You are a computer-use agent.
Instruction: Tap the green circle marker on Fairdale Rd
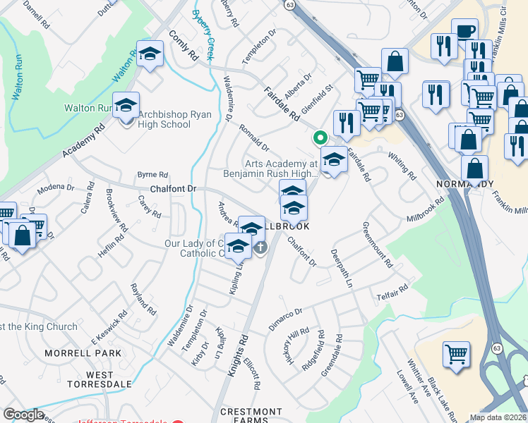click(320, 138)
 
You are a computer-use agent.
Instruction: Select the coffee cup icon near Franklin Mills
click(464, 31)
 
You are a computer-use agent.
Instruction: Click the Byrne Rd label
click(152, 174)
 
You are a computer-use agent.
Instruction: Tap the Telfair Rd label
click(392, 291)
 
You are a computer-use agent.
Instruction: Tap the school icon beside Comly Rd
click(150, 55)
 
